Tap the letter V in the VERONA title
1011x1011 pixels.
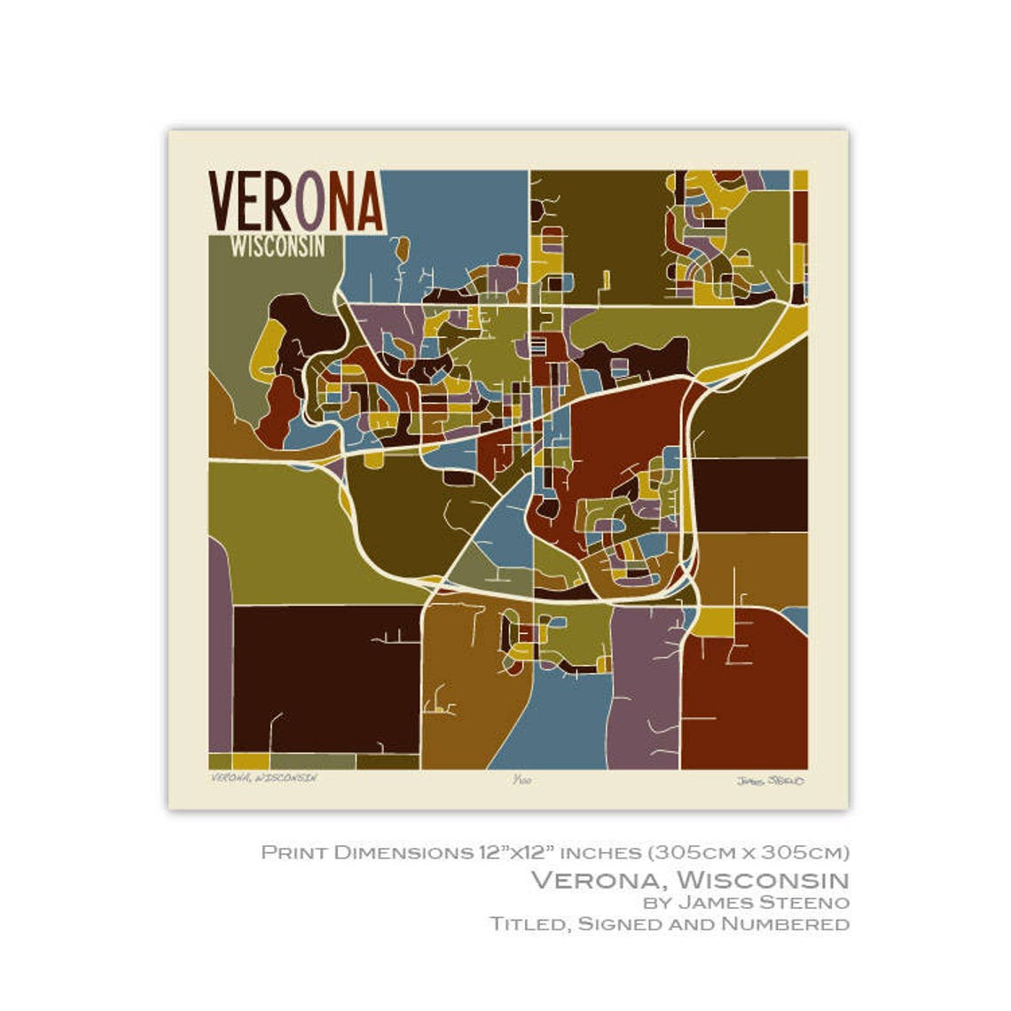(223, 201)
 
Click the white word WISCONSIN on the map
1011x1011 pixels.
(278, 247)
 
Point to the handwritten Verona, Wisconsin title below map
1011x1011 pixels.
(264, 778)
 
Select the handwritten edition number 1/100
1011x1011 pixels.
(519, 780)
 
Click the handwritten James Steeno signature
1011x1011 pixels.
(770, 780)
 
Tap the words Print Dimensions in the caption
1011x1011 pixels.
(364, 852)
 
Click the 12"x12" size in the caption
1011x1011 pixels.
(513, 852)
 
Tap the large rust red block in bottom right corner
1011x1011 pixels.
(745, 701)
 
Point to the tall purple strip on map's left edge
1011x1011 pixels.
(219, 656)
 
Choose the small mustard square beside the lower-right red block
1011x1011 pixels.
(709, 622)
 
